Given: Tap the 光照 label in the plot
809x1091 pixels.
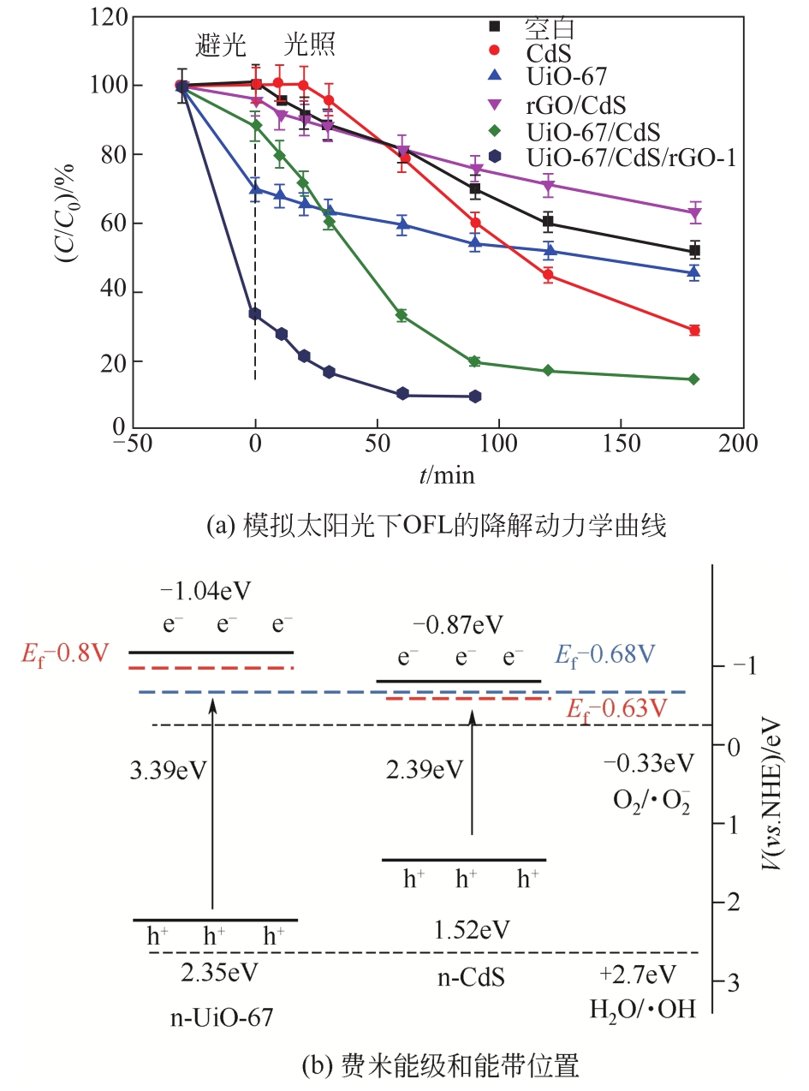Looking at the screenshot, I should [310, 45].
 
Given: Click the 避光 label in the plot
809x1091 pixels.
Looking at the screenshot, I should [221, 45].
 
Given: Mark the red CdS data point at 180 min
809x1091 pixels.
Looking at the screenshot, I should [694, 331].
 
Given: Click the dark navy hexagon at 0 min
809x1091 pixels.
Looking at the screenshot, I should [255, 313].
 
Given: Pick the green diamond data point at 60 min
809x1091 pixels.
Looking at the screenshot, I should [402, 316].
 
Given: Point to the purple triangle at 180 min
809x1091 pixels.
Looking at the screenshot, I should [694, 213].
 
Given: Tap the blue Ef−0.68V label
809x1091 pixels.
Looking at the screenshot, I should [607, 655].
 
